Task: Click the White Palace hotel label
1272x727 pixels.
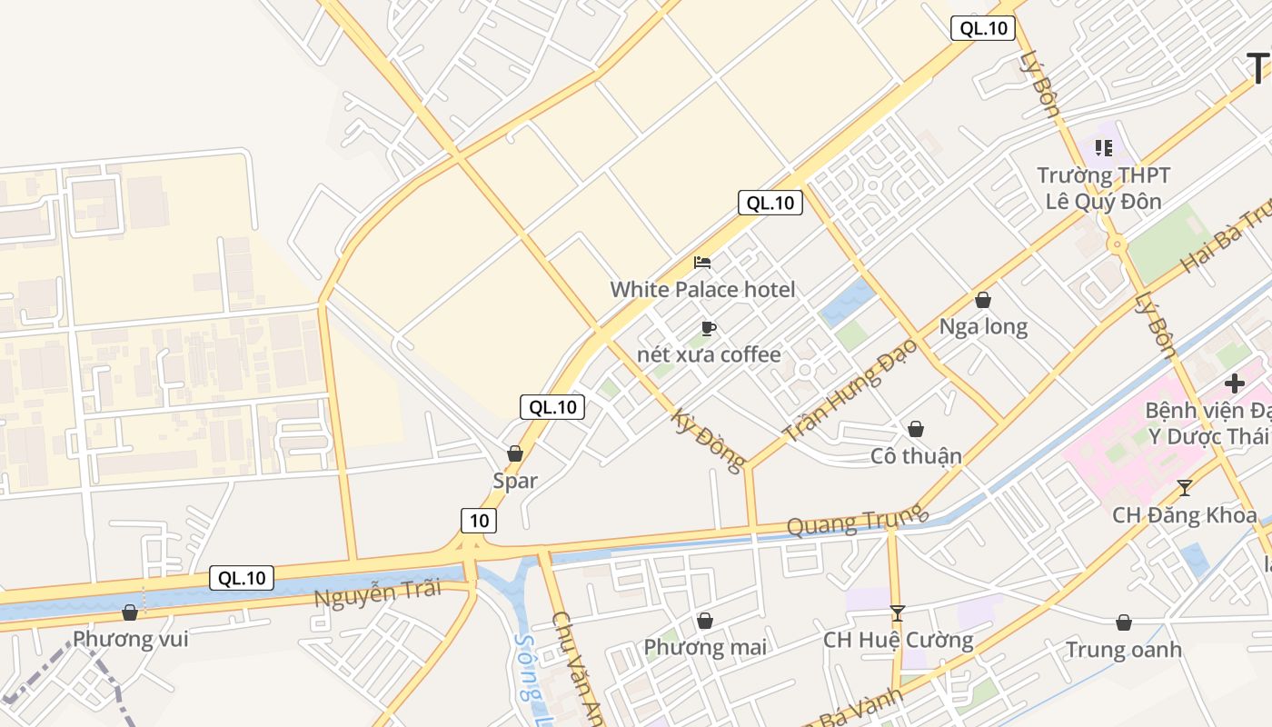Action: [702, 290]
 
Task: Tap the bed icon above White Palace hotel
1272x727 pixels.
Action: [702, 264]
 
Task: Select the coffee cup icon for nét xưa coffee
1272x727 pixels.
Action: [709, 328]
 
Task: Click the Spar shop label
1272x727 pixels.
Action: [515, 481]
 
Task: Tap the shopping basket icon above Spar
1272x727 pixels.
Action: [515, 453]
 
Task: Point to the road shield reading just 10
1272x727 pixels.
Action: [479, 521]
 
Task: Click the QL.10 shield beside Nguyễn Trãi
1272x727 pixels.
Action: [242, 577]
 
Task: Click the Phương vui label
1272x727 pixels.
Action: [131, 639]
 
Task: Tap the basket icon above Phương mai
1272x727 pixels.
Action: [705, 621]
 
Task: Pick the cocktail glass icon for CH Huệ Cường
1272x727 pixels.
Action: [898, 613]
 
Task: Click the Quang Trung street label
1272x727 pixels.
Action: [856, 521]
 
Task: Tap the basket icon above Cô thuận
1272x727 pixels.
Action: [916, 428]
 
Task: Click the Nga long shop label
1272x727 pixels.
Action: [983, 327]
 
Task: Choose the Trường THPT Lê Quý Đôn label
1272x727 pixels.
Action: [1104, 188]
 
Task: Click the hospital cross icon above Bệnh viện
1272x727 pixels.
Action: [1234, 383]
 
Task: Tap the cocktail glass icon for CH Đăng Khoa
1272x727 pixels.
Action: [1184, 488]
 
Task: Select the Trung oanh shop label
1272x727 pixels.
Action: [1124, 650]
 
